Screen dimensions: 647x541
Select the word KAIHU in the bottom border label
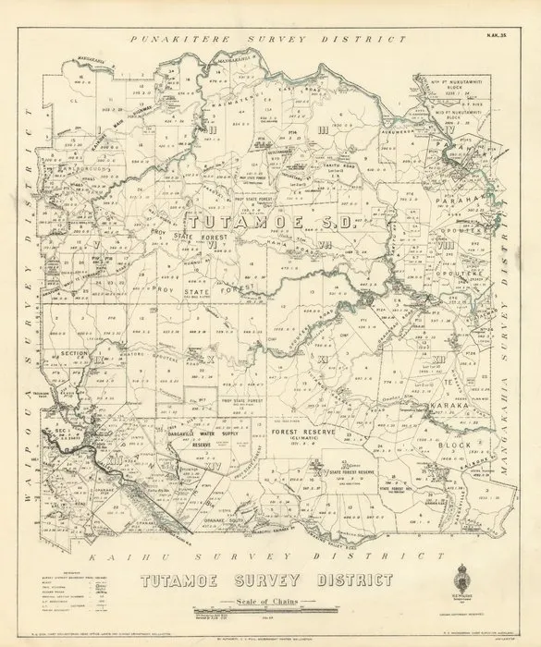click(120, 559)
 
